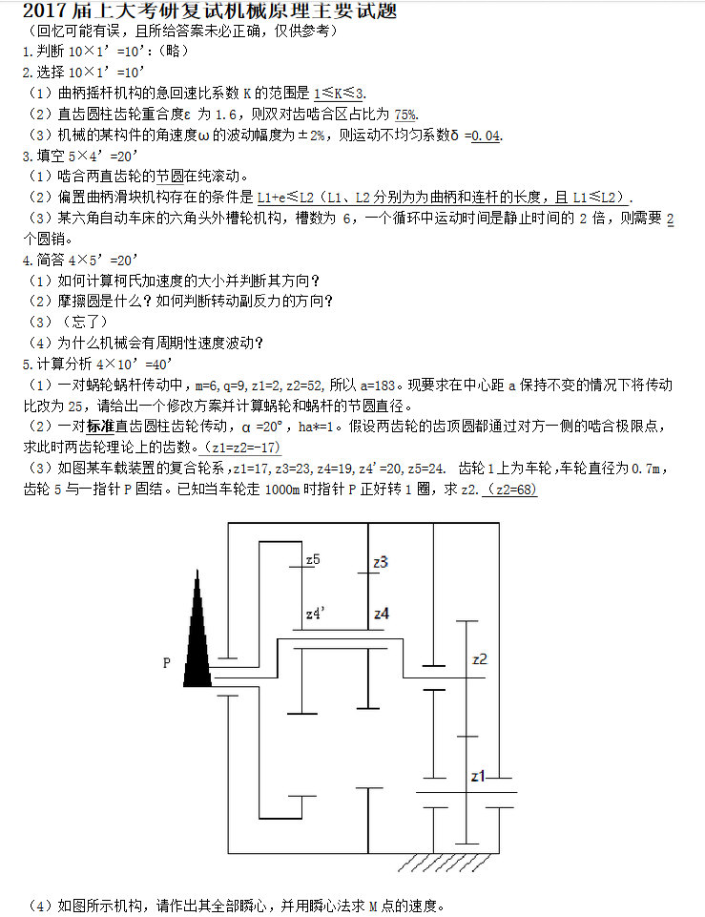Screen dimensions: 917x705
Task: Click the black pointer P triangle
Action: (x=199, y=639)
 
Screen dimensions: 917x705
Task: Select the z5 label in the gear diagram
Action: (x=313, y=559)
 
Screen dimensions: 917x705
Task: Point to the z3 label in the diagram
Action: (x=381, y=562)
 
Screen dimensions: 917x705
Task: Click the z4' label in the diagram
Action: (x=317, y=614)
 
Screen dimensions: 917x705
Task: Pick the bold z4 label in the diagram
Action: (x=382, y=614)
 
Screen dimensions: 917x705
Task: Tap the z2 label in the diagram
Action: (x=480, y=658)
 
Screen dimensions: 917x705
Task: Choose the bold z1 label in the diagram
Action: (x=479, y=777)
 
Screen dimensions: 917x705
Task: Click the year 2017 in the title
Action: (x=43, y=11)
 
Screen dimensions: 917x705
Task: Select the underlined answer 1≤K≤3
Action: (x=339, y=93)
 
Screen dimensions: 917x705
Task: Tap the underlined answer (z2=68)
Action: (x=511, y=489)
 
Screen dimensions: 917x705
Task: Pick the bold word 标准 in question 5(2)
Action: (x=100, y=426)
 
